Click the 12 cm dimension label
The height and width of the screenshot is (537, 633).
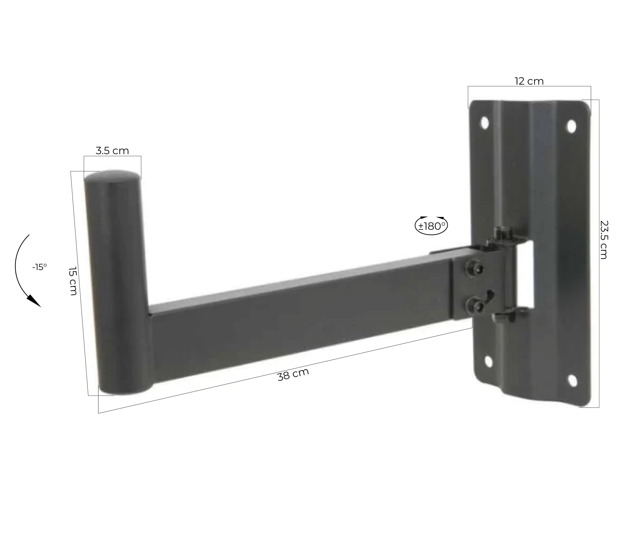[x=529, y=81]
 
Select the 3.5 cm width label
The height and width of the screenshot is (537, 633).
[x=112, y=151]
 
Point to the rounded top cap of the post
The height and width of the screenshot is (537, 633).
[x=113, y=177]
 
